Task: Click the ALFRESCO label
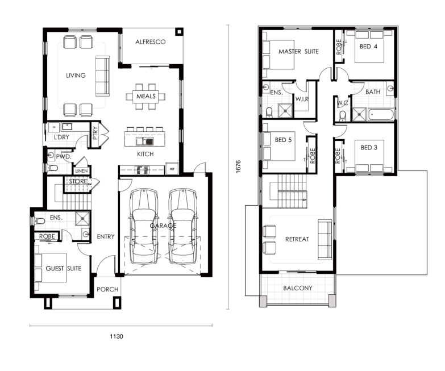[151, 42]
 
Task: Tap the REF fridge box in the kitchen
[172, 169]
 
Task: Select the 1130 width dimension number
[117, 336]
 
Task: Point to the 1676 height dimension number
[238, 166]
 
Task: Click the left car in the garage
[144, 227]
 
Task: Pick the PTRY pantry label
[95, 133]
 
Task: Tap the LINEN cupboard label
[81, 171]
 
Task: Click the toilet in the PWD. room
[52, 168]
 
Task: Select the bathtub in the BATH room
[381, 115]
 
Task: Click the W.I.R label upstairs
[302, 99]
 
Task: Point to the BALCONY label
[298, 288]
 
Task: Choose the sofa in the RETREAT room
[325, 239]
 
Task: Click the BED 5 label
[283, 140]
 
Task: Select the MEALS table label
[146, 96]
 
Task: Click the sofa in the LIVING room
[102, 76]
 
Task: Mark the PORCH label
[107, 289]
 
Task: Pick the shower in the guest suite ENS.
[82, 219]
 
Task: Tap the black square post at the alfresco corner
[179, 31]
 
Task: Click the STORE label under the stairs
[78, 181]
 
